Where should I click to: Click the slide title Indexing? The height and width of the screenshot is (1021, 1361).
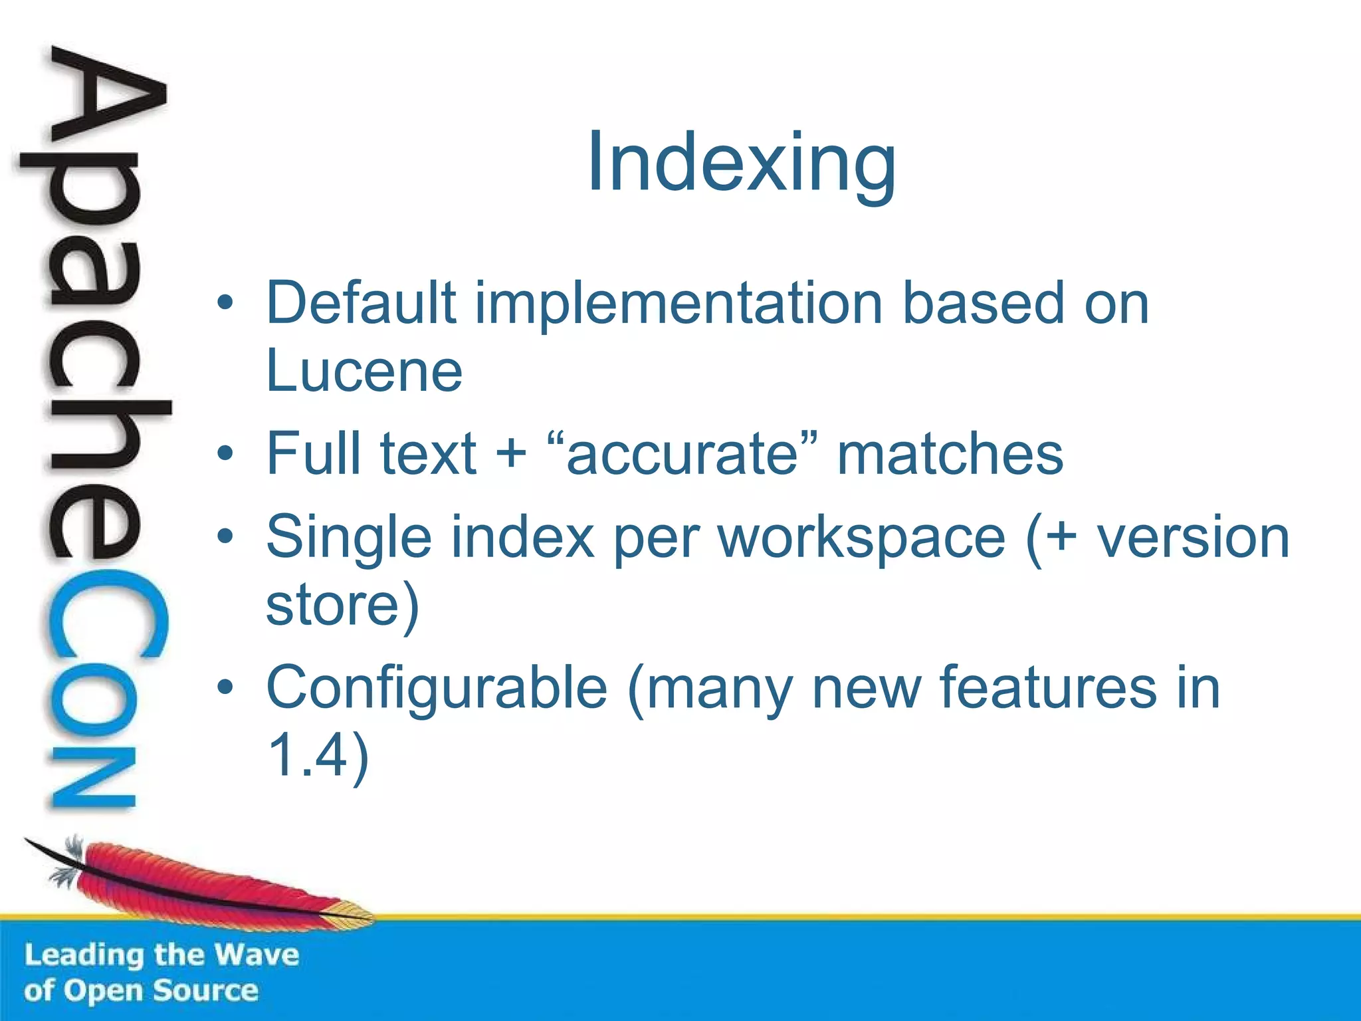[x=741, y=163]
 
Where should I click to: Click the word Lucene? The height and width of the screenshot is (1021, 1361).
[x=364, y=371]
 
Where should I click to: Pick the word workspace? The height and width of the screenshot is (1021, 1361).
[x=862, y=537]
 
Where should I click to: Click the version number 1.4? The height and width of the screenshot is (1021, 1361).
[x=309, y=755]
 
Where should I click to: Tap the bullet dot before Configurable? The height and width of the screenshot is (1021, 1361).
[x=225, y=687]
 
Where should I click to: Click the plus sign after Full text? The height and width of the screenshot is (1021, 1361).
[x=511, y=455]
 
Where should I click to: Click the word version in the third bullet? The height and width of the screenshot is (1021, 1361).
[x=1193, y=537]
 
